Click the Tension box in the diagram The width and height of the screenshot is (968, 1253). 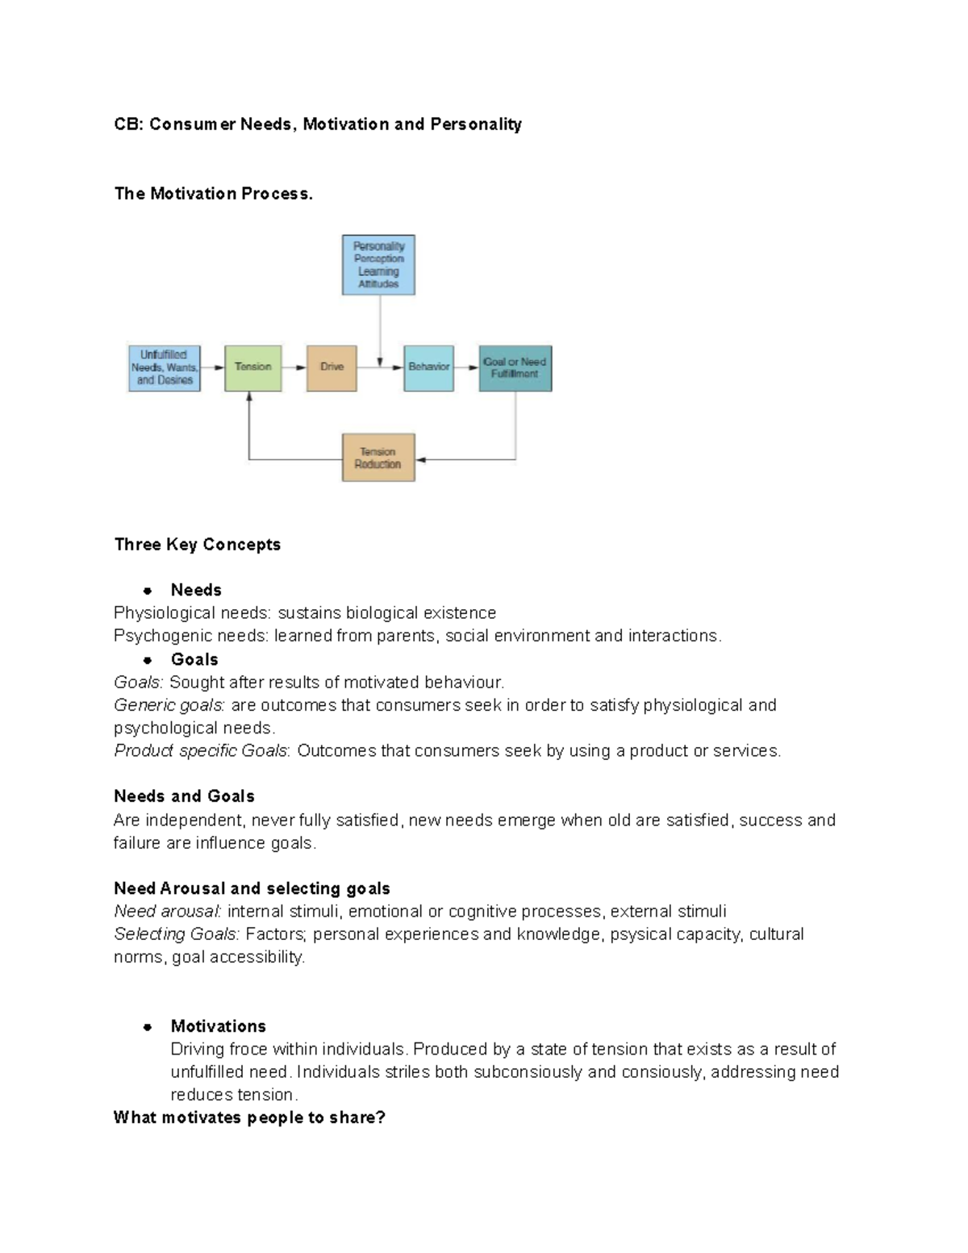click(x=253, y=368)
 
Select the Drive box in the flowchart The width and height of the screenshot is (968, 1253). click(x=332, y=368)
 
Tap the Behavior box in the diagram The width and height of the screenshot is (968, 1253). click(x=428, y=368)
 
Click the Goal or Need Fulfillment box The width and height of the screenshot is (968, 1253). click(x=515, y=368)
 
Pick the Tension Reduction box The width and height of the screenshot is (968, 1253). click(x=378, y=457)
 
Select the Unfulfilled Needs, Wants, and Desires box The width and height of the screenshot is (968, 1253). click(x=165, y=368)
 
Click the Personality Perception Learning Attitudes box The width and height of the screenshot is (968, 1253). click(x=378, y=265)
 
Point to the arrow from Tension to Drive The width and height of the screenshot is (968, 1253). click(x=294, y=368)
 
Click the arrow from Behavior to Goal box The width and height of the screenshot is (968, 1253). click(x=466, y=368)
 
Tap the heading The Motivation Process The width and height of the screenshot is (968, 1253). click(x=213, y=194)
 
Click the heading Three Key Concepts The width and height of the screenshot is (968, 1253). click(x=198, y=545)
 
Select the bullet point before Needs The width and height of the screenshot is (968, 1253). click(x=147, y=591)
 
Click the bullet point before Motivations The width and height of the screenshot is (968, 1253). click(x=147, y=1027)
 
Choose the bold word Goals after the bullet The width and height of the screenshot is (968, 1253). click(x=194, y=659)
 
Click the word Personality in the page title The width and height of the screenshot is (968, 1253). click(x=476, y=124)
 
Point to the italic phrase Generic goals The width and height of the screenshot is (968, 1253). click(x=169, y=705)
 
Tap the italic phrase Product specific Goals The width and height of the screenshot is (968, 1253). click(x=201, y=751)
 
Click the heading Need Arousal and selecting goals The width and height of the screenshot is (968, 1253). click(x=252, y=888)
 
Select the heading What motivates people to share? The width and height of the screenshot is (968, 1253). click(x=249, y=1117)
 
